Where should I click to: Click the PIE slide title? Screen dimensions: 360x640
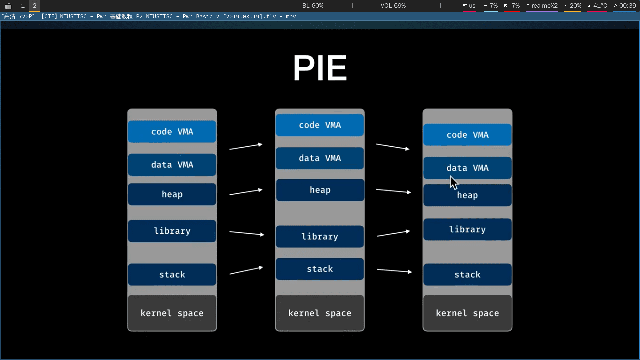(x=320, y=68)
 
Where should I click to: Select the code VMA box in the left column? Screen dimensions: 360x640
(x=172, y=132)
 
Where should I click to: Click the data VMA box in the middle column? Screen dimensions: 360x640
(x=320, y=158)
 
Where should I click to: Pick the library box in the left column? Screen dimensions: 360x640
(x=172, y=231)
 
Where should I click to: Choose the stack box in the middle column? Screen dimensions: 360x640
(x=320, y=269)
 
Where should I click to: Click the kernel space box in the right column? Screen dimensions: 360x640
(x=467, y=313)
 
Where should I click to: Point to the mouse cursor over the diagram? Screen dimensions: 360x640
(x=454, y=183)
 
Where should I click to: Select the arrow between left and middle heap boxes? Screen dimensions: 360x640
(x=246, y=192)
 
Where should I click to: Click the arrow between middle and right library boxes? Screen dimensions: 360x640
(x=393, y=233)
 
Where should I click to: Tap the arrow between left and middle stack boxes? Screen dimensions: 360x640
(x=246, y=270)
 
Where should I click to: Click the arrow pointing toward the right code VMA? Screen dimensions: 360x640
(x=393, y=147)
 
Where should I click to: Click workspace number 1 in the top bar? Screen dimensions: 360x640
(x=23, y=6)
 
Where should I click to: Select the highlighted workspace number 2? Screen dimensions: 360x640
(x=34, y=6)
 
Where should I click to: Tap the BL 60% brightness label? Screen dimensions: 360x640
(x=313, y=6)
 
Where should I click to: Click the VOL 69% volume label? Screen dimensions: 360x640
(x=393, y=6)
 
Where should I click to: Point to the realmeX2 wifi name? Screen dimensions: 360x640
(x=544, y=6)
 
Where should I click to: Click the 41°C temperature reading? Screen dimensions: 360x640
(x=600, y=6)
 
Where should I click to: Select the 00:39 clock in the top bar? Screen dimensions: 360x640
(x=627, y=6)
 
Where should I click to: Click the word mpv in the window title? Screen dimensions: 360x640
(x=291, y=16)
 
